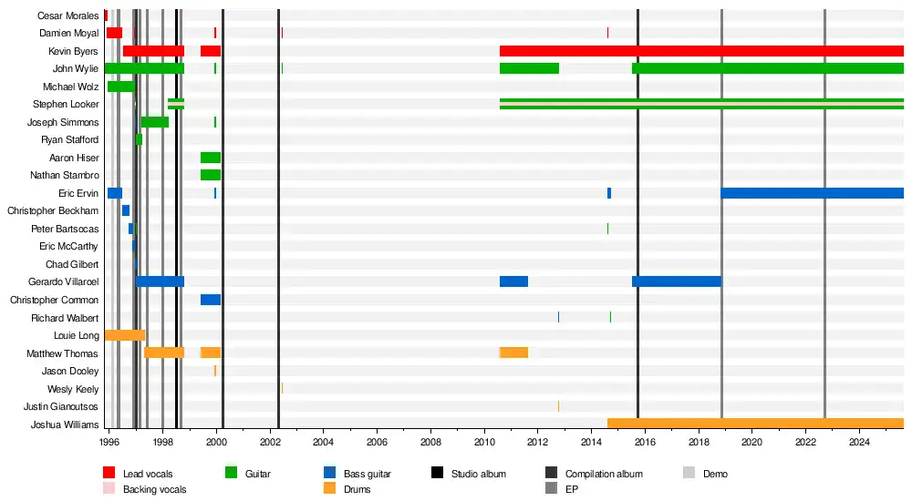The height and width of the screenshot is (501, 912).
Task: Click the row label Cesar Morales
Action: (x=67, y=15)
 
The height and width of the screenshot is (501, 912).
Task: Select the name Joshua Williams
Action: (x=65, y=424)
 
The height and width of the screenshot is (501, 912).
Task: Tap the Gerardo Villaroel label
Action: (x=63, y=282)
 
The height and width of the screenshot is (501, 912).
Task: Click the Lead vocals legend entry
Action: (x=147, y=474)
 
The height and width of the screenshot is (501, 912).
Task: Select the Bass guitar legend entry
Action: (x=367, y=474)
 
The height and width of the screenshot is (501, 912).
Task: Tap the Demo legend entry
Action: (x=714, y=474)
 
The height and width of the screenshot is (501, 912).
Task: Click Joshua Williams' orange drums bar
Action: (x=755, y=424)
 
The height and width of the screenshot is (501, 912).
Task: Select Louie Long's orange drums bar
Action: (x=125, y=335)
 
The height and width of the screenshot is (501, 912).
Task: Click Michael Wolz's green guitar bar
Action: (x=121, y=87)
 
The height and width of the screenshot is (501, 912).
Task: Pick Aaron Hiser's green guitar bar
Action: (x=211, y=158)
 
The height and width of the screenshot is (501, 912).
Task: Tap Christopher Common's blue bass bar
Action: (x=211, y=300)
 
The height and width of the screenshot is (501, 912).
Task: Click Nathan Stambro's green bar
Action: (x=211, y=175)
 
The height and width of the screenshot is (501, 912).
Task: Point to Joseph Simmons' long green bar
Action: (x=155, y=122)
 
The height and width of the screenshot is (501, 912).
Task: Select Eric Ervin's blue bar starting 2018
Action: (x=812, y=193)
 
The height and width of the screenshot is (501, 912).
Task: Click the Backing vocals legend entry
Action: (x=154, y=489)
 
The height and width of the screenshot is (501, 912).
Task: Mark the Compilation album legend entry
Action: (x=603, y=474)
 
